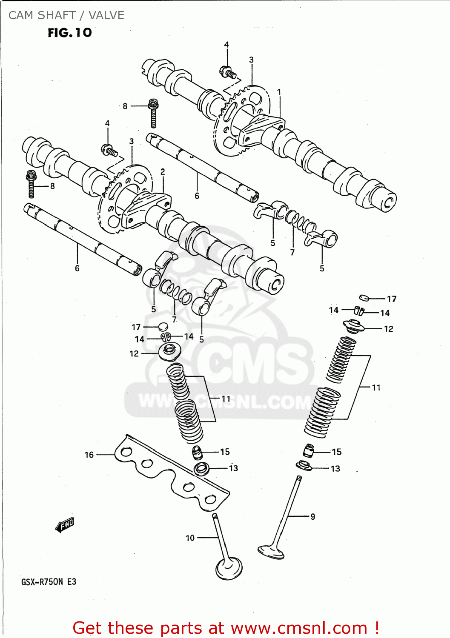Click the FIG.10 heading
69,33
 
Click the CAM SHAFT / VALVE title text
66,15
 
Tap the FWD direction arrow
65,525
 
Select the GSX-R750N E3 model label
49,582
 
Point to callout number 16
89,455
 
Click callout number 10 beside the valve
190,538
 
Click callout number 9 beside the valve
312,516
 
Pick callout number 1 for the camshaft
279,92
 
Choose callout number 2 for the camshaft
163,172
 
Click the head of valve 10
229,569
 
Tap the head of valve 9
270,551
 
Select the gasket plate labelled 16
170,472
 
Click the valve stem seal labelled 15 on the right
309,450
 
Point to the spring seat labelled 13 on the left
201,469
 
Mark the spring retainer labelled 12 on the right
354,326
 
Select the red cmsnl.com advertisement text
226,628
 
